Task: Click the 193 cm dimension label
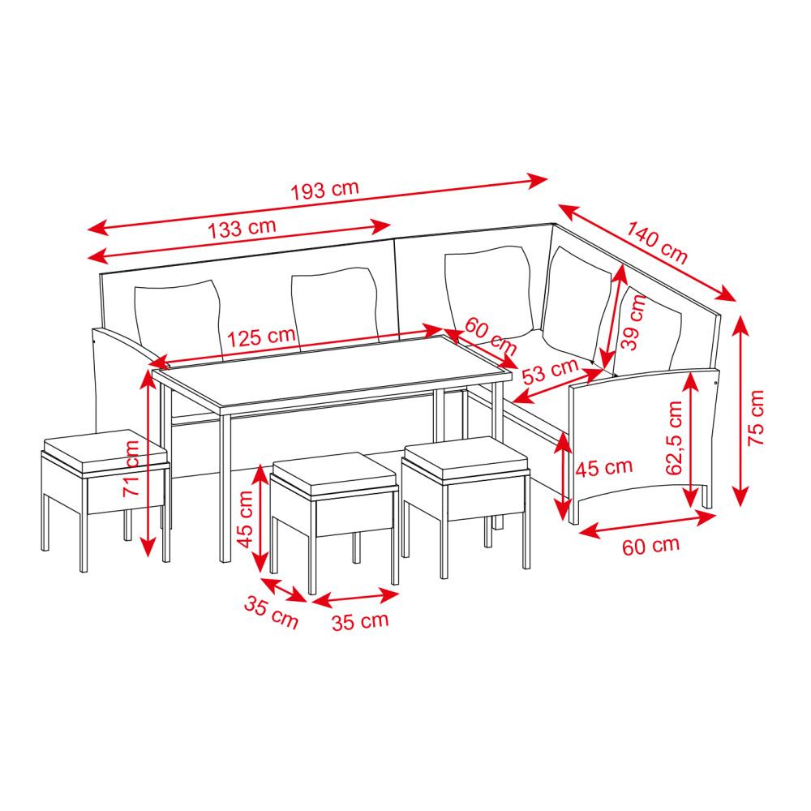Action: coord(324,190)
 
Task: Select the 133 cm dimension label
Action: coord(242,228)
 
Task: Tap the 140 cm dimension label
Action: coord(657,242)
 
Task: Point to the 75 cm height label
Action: coord(756,418)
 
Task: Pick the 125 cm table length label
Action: coord(261,337)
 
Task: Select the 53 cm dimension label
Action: coord(550,371)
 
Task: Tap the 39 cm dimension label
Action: coord(633,323)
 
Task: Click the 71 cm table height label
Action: coord(131,469)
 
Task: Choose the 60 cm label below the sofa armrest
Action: coord(650,546)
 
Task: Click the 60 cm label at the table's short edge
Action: coord(491,337)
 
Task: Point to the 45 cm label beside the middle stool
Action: coord(245,519)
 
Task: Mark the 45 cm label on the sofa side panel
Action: coord(604,468)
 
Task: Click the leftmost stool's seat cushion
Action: coord(105,450)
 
